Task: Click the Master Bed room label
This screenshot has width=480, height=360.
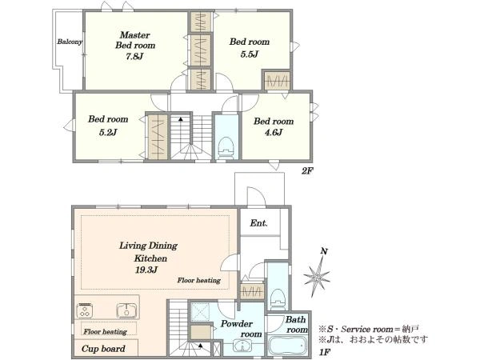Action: (135, 40)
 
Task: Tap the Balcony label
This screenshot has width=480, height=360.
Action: (70, 42)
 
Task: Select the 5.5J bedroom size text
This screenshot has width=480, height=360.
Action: (250, 54)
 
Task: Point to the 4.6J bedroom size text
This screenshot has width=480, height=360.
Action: (274, 132)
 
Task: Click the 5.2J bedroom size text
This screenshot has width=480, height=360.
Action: (108, 132)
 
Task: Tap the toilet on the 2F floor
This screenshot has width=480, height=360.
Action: (226, 147)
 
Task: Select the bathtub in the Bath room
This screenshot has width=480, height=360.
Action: (288, 346)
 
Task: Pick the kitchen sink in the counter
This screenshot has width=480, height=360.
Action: (127, 310)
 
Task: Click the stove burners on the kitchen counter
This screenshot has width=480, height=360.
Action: (85, 310)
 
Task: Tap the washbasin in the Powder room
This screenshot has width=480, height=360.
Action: (242, 346)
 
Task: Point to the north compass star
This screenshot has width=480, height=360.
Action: (317, 278)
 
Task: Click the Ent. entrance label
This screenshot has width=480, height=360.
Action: (258, 223)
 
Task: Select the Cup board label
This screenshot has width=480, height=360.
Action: (103, 349)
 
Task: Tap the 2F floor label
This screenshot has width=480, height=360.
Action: (307, 170)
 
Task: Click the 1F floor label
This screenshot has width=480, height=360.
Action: (325, 352)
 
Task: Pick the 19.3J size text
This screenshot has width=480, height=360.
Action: (146, 270)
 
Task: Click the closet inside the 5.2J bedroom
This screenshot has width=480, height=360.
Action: (158, 137)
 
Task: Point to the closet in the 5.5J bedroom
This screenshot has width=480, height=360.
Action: (277, 81)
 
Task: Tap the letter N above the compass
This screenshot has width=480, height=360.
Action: (324, 252)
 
